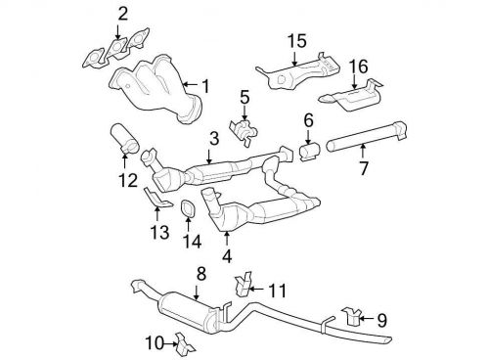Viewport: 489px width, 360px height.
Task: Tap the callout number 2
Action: tap(122, 14)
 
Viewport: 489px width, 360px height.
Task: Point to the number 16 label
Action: tap(359, 67)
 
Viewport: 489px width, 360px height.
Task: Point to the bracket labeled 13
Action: tap(154, 201)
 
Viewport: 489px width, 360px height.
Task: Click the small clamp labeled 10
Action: tap(178, 341)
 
